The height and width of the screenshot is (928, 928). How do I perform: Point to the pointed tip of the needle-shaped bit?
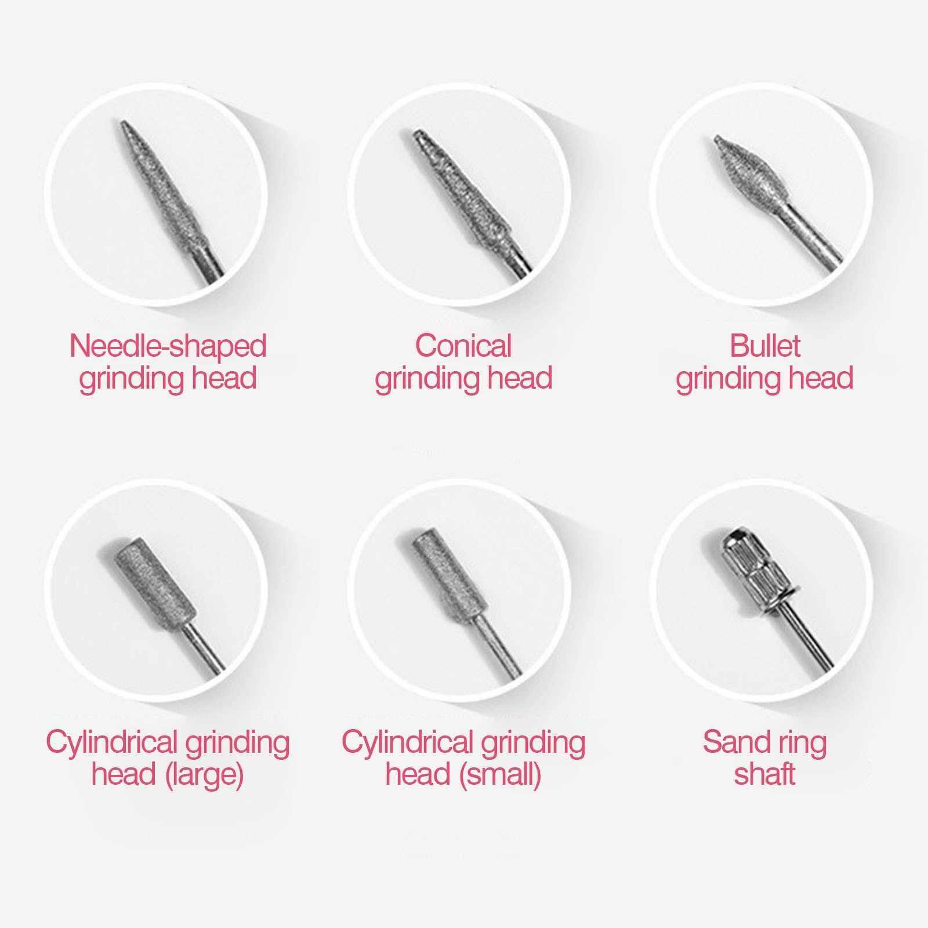click(122, 122)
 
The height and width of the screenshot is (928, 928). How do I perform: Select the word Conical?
click(463, 346)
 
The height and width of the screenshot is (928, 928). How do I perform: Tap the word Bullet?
click(764, 346)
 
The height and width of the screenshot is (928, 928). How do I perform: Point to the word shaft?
click(764, 774)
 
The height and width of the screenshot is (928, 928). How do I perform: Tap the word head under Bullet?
click(822, 378)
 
